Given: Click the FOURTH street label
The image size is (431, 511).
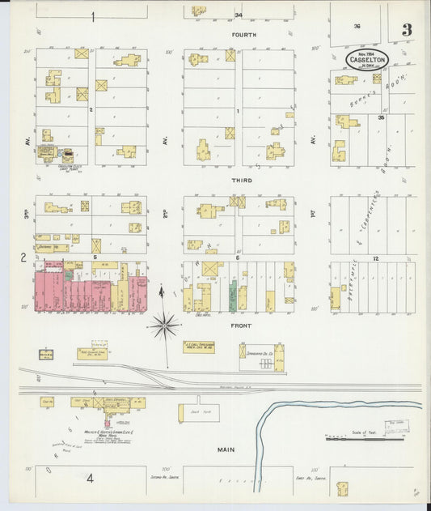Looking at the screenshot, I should [243, 35].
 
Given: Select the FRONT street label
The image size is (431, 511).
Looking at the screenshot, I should [241, 326].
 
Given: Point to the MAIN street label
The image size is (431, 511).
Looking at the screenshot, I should [225, 448].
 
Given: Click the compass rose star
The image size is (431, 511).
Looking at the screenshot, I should [164, 326].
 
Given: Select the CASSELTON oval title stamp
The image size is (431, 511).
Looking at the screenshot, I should [365, 59].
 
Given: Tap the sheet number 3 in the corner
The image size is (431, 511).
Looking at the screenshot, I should [406, 30].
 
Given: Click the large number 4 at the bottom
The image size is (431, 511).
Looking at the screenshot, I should [91, 478].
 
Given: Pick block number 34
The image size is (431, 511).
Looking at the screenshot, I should [238, 15].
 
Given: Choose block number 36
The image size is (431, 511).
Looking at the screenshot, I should [357, 26].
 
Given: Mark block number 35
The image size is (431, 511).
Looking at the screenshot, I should [380, 117].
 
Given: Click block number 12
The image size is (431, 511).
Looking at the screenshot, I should [375, 258].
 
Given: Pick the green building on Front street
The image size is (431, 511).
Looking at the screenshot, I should [233, 296].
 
